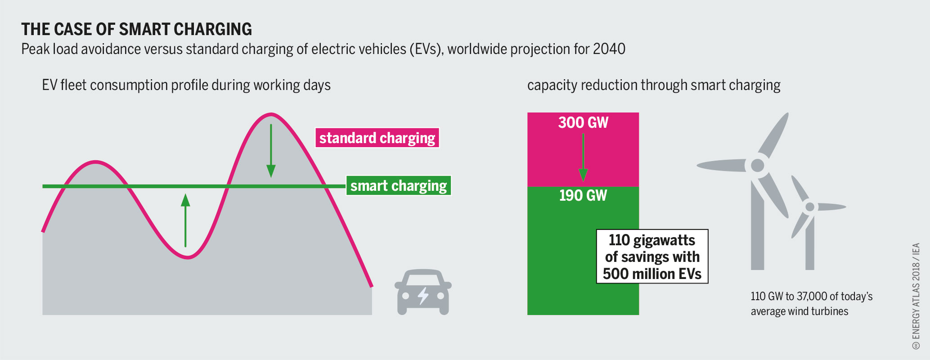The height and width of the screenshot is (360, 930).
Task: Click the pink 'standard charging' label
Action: [377, 138]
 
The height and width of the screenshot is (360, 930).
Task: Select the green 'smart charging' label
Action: [398, 186]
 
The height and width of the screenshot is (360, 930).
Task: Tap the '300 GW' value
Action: [583, 123]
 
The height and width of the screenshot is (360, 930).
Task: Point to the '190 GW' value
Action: [583, 196]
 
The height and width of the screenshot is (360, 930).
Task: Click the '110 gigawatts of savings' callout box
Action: [652, 256]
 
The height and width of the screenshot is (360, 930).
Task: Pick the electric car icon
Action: [423, 292]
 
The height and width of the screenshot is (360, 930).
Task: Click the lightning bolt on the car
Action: [423, 296]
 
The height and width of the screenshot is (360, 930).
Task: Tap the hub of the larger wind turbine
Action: [758, 165]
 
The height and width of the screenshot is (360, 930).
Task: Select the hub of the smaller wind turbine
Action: [810, 207]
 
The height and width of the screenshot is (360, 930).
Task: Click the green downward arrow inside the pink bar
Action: [583, 157]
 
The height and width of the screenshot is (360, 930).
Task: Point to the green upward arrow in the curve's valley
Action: [185, 220]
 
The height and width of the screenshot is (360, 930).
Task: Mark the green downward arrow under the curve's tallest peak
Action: [271, 151]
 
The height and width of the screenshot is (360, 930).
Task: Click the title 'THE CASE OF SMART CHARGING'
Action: [136, 30]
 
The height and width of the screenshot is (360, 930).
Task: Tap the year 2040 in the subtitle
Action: [609, 49]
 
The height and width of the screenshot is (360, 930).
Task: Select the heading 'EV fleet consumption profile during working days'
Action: [186, 85]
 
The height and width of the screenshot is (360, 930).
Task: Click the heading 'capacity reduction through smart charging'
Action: [654, 85]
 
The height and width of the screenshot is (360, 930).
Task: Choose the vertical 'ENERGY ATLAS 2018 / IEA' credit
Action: [916, 297]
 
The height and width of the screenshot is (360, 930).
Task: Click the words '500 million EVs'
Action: [652, 274]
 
